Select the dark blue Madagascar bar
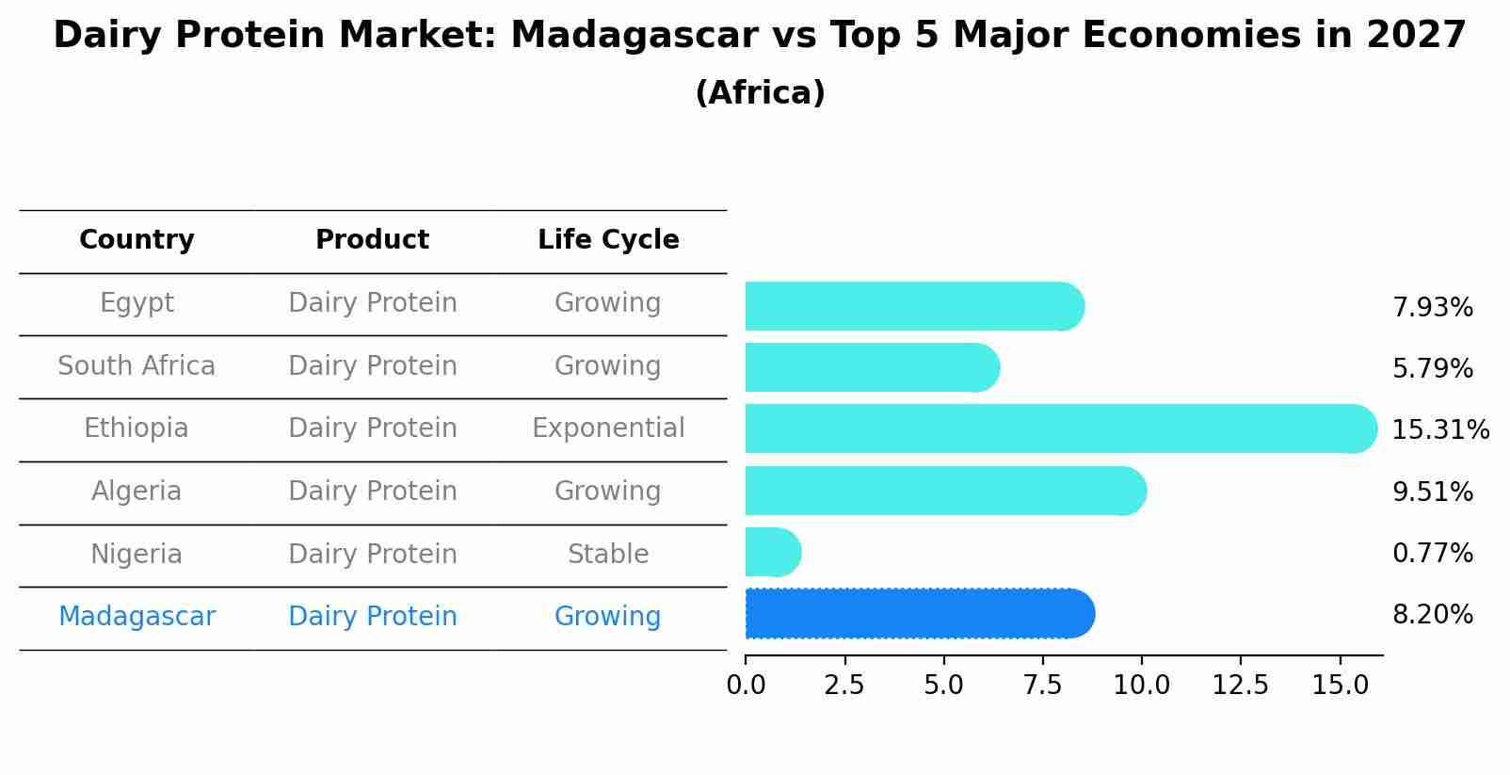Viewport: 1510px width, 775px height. click(x=918, y=614)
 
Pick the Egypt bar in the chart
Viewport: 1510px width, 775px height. click(x=913, y=306)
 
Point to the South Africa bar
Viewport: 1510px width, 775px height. click(x=871, y=367)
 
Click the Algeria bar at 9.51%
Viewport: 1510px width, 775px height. click(x=944, y=491)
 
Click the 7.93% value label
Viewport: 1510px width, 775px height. click(x=1432, y=308)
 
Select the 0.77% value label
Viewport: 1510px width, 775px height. click(x=1432, y=554)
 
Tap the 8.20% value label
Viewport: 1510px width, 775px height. click(x=1432, y=615)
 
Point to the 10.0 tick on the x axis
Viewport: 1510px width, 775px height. click(x=1141, y=686)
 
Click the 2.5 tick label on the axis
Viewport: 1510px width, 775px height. click(x=843, y=686)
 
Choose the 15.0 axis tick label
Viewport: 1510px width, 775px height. click(x=1340, y=686)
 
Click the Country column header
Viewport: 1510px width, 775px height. click(x=137, y=240)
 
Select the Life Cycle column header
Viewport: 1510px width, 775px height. click(x=608, y=240)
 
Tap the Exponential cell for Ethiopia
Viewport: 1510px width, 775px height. click(x=608, y=428)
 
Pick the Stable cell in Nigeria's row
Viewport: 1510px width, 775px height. click(x=608, y=555)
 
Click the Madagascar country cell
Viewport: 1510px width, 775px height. click(x=137, y=617)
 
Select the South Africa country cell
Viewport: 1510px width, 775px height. click(x=137, y=366)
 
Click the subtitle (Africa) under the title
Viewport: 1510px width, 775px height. click(x=760, y=93)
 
